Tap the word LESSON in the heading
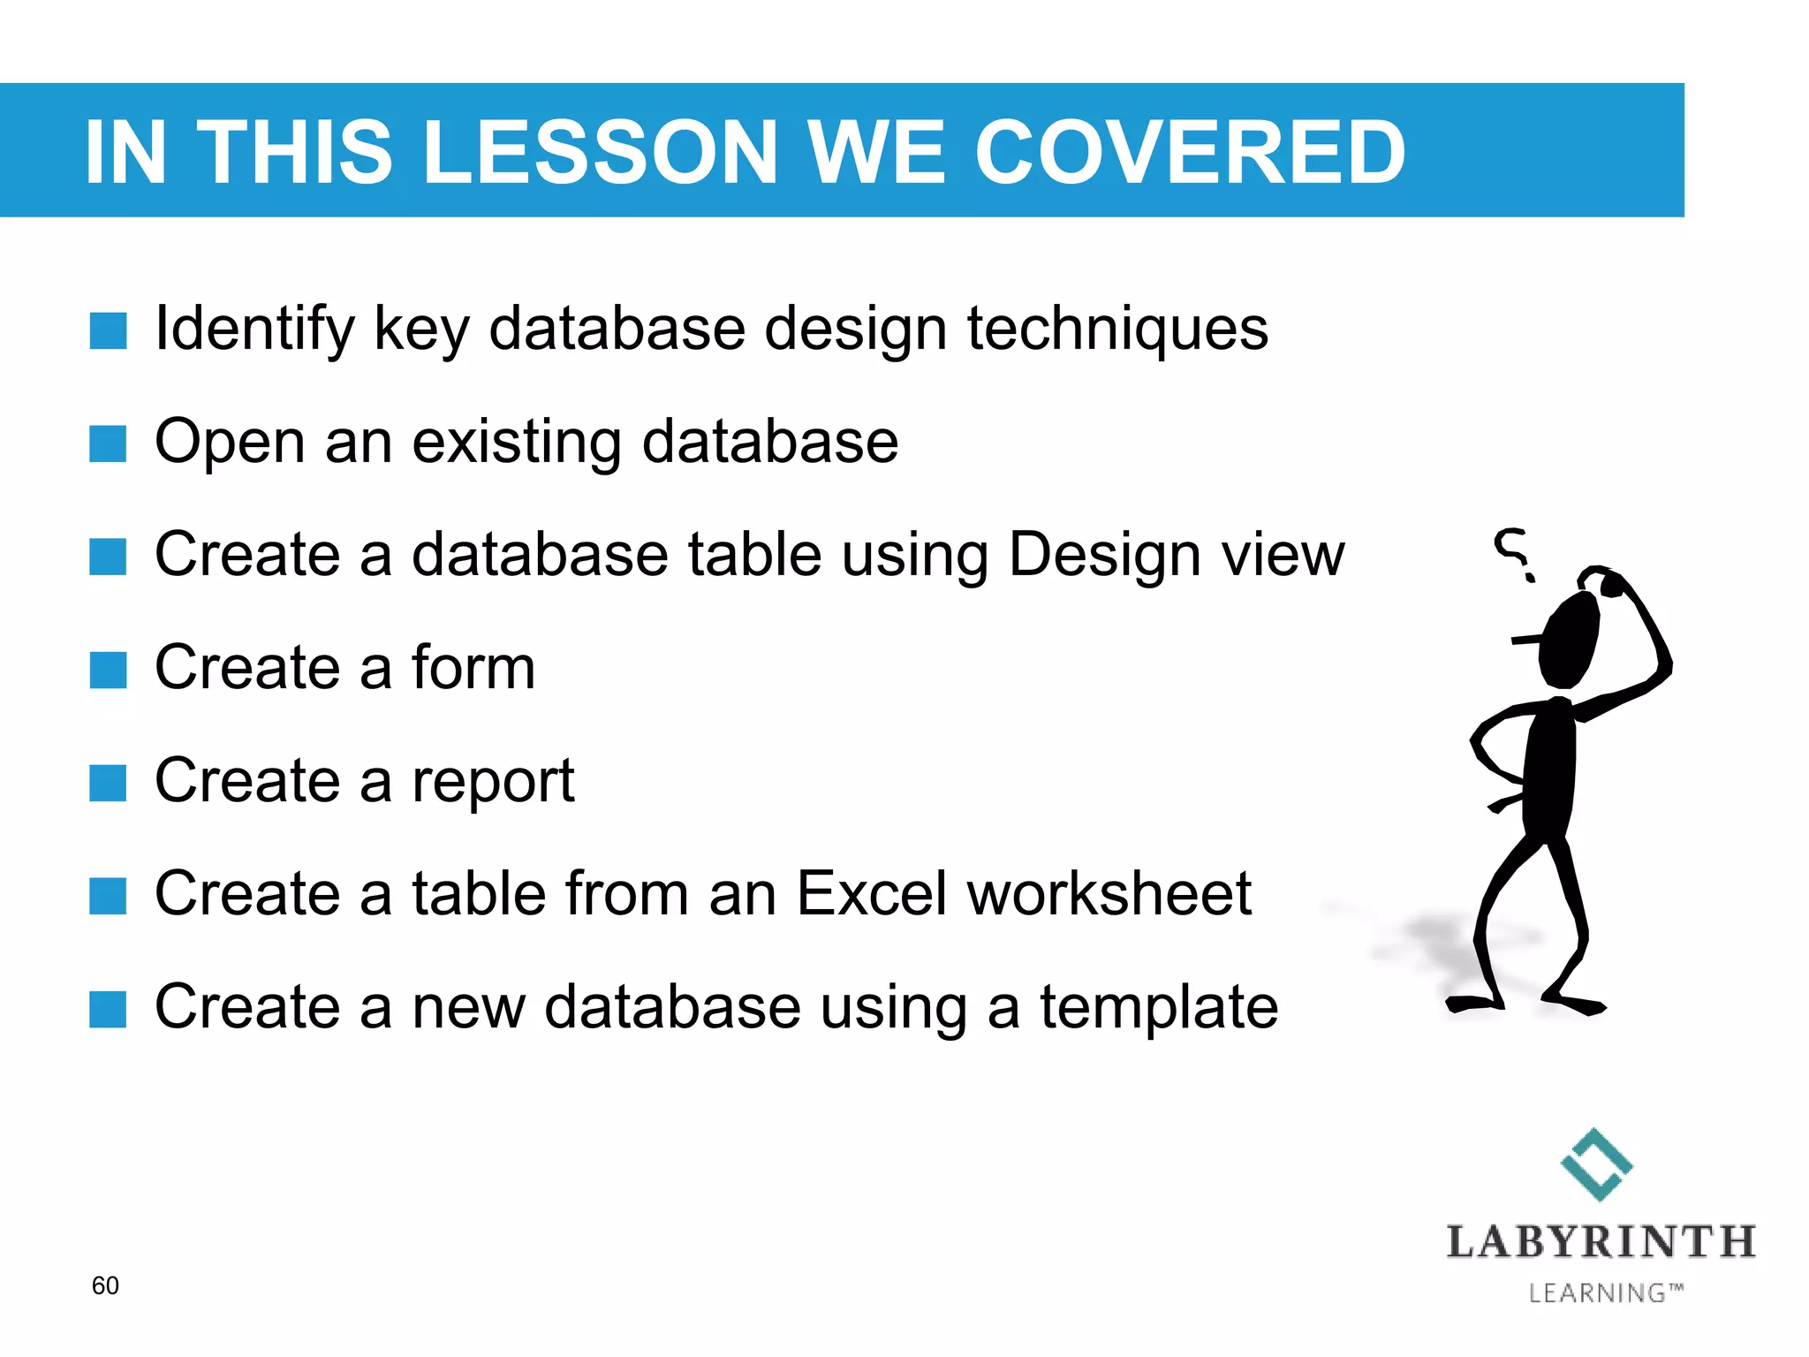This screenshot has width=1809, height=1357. pos(601,152)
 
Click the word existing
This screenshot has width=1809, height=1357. pos(517,442)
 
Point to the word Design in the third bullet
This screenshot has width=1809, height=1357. pos(1104,556)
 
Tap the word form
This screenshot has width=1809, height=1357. pos(473,667)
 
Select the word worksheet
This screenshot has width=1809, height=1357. pos(1109,894)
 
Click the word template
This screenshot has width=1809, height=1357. pos(1158,1008)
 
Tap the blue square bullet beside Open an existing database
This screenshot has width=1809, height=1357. pos(108,443)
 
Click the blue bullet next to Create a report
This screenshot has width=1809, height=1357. pos(108,783)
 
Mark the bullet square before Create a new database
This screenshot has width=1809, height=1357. pos(108,1009)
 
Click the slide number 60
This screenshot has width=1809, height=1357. pos(105,1285)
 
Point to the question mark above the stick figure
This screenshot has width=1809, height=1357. pos(1513,552)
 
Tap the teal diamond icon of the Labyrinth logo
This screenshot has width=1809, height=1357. pos(1596,1164)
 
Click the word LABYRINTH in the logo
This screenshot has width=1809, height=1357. pos(1601,1242)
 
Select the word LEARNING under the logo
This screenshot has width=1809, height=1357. pos(1596,1293)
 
